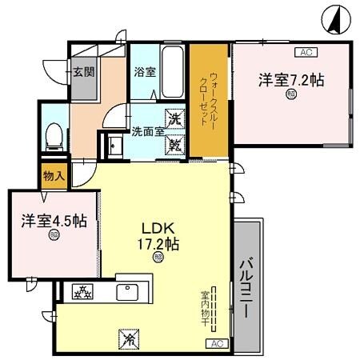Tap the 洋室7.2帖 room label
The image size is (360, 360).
(x=290, y=80)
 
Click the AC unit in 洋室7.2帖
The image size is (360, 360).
(x=305, y=53)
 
